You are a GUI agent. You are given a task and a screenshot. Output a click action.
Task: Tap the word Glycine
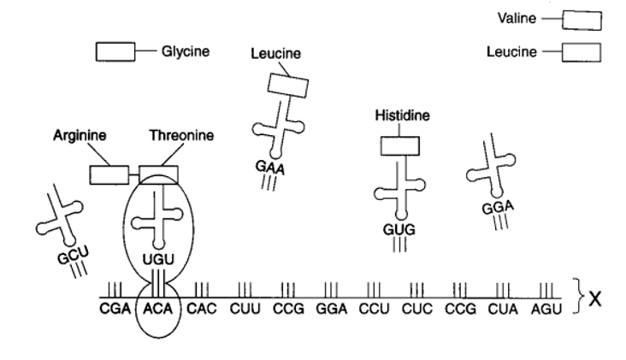pos(185,51)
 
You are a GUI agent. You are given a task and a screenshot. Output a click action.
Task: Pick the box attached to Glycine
pos(114,52)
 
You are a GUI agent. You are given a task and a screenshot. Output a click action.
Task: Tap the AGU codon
pos(545,308)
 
